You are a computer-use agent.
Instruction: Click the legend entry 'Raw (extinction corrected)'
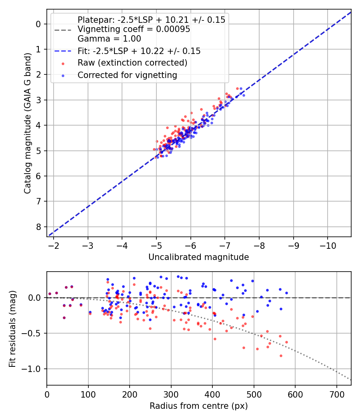pos(132,63)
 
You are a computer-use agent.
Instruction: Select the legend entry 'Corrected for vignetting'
pos(127,75)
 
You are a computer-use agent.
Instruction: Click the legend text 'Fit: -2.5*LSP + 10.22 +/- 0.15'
pos(139,51)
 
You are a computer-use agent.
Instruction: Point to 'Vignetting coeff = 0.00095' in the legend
pos(134,29)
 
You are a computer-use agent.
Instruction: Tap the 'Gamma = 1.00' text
pos(109,39)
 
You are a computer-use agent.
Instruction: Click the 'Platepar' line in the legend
pos(151,20)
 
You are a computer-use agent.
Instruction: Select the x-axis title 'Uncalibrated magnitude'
pos(198,257)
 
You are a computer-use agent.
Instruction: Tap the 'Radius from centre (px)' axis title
pos(198,406)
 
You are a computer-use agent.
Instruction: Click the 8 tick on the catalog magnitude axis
pos(38,227)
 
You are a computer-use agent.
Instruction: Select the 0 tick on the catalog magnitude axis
pos(38,24)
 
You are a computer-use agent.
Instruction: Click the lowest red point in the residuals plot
pos(281,356)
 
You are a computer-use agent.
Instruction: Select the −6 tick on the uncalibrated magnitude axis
pos(191,245)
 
